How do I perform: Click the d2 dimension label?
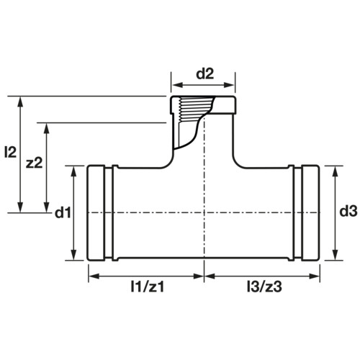tap(204, 74)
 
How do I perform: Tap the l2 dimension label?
tap(10, 152)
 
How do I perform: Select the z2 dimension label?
tap(34, 163)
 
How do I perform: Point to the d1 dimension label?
tap(63, 212)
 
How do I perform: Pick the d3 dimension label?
tap(348, 212)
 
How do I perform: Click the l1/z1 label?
tap(148, 287)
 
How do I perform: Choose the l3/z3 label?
tap(264, 287)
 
